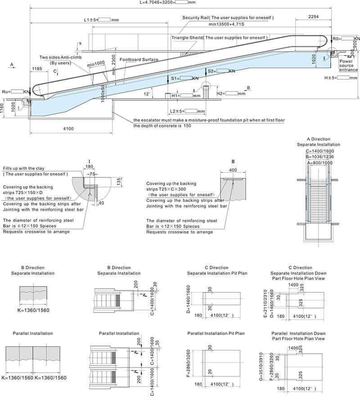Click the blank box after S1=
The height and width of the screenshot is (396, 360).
186,78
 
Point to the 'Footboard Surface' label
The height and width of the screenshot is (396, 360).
139,59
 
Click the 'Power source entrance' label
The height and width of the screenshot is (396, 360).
349,65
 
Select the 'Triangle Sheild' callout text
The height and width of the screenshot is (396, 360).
219,38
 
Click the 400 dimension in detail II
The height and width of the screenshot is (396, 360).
233,170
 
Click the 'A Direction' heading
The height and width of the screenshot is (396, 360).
318,139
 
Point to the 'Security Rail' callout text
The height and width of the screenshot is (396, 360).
228,18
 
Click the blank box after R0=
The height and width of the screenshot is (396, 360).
345,39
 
